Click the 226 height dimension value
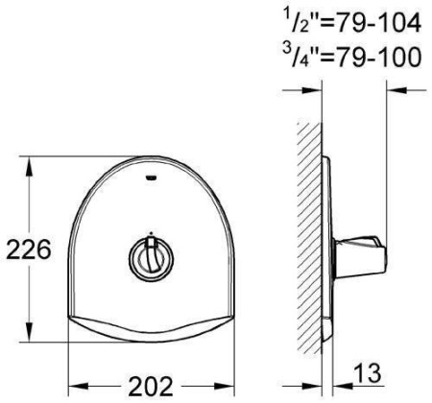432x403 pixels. [29, 249]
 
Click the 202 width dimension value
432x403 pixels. [151, 386]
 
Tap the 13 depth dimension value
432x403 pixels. [368, 373]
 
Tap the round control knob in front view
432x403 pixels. [151, 259]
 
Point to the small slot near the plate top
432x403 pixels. [151, 178]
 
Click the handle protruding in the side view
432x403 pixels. [360, 257]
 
